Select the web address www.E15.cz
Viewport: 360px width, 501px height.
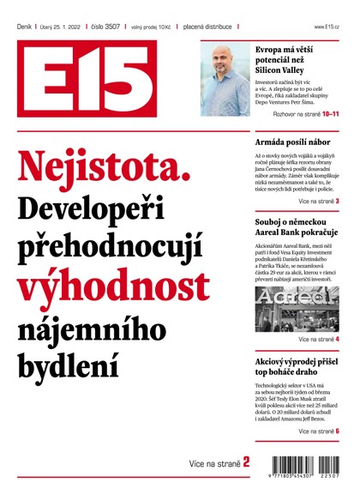coord(327,27)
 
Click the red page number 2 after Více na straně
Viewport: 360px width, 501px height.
coord(246,462)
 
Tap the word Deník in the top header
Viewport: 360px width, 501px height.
coord(24,27)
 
